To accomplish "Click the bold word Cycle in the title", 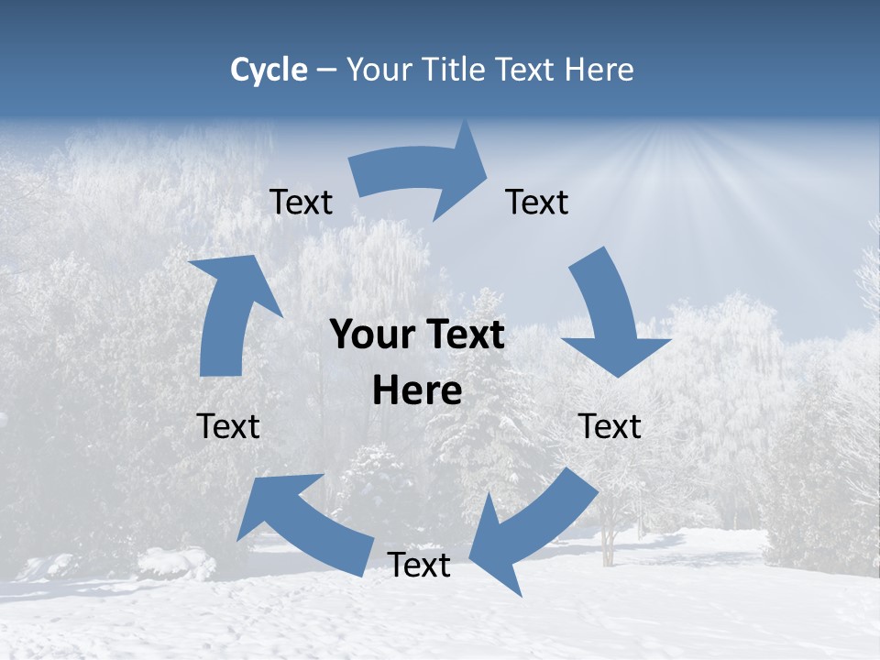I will click(269, 70).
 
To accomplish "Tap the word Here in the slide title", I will click(599, 70).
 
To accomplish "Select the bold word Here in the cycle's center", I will click(417, 391).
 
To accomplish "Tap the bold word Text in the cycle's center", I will click(463, 335).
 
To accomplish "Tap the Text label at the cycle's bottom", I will click(419, 565).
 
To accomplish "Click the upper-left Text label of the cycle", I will click(301, 202).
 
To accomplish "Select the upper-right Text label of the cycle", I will click(537, 202).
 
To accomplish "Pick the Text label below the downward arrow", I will click(610, 426).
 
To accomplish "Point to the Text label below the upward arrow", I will click(228, 426).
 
